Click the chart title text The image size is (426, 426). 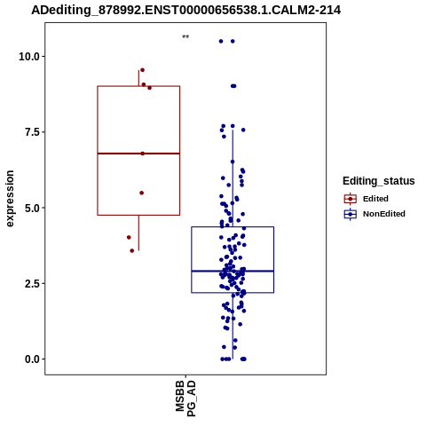(x=186, y=11)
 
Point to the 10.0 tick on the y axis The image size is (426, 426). (x=29, y=56)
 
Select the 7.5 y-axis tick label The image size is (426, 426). (x=32, y=132)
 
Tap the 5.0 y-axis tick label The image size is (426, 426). (x=32, y=208)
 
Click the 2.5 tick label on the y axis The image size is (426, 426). (x=32, y=284)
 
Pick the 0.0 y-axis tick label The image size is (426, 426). (x=32, y=359)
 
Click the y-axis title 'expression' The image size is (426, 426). (x=10, y=199)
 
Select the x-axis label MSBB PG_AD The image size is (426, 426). (x=185, y=398)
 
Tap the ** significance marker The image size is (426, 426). (x=185, y=37)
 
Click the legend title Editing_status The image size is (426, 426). (x=379, y=181)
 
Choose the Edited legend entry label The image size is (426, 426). (x=375, y=199)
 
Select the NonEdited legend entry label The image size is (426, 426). (x=384, y=214)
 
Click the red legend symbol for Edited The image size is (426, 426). (x=351, y=199)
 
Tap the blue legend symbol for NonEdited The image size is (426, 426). (x=351, y=214)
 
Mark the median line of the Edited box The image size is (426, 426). (x=138, y=154)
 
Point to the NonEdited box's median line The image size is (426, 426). (x=233, y=271)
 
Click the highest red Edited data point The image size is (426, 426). (x=142, y=70)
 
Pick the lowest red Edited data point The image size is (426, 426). (x=132, y=251)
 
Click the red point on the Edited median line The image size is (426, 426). (x=143, y=154)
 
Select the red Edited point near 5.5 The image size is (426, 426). (x=142, y=193)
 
